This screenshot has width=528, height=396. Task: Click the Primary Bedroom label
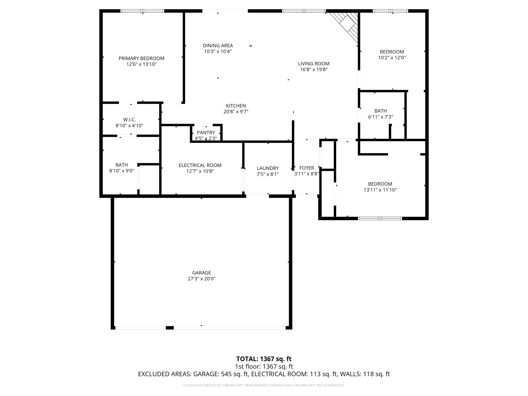click(x=141, y=58)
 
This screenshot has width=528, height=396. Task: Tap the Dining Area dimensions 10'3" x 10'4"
click(x=218, y=52)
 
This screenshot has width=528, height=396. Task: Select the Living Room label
click(x=314, y=64)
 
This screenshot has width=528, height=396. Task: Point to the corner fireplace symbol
click(x=345, y=25)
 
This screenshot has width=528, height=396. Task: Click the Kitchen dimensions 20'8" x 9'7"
click(x=236, y=112)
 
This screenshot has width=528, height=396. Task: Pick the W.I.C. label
click(x=129, y=120)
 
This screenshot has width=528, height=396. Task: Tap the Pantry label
click(x=206, y=133)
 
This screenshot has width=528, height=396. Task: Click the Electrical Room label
click(x=200, y=165)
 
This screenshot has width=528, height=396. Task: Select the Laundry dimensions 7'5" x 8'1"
click(x=268, y=174)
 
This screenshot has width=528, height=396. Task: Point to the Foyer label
click(x=307, y=168)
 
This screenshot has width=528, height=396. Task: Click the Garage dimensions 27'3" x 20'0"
click(x=202, y=279)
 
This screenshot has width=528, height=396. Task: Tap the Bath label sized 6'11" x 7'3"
click(x=381, y=111)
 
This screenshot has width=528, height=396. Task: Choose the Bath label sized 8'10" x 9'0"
click(x=122, y=165)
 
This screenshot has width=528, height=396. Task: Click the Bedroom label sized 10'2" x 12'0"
click(x=392, y=52)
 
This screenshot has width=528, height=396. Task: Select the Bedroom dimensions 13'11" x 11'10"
click(x=380, y=190)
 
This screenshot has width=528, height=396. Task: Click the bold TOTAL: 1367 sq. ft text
click(x=264, y=359)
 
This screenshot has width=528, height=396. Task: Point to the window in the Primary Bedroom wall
click(x=142, y=11)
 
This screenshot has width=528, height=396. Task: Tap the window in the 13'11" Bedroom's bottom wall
click(x=380, y=219)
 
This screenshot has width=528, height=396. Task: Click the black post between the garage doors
click(x=170, y=328)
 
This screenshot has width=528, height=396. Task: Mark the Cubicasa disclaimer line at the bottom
click(x=264, y=385)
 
